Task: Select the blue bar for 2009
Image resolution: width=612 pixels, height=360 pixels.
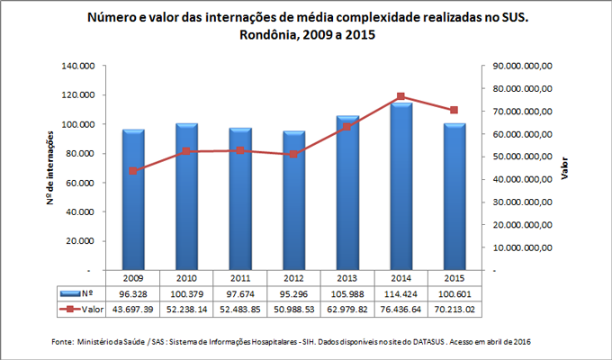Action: pos(133,200)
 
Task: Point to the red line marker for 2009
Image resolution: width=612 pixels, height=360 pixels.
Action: pos(133,170)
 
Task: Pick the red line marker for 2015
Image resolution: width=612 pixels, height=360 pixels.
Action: pos(454,110)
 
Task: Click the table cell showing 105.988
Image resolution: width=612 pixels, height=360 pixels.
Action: pos(346,293)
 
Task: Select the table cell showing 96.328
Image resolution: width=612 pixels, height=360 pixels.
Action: pos(133,293)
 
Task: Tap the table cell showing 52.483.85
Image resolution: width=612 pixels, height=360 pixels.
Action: pos(239,310)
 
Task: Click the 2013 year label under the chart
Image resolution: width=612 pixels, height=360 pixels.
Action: pos(346,278)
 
